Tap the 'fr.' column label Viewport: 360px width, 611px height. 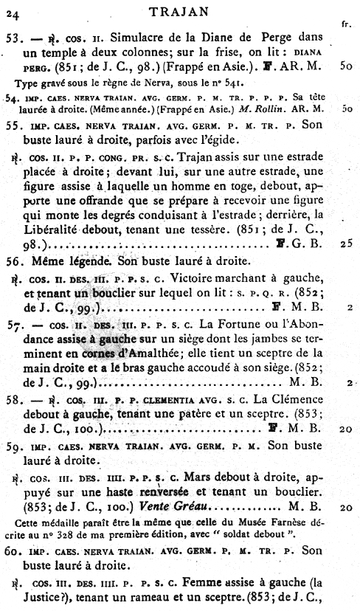tap(345, 24)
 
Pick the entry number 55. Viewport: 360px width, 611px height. tap(13, 125)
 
